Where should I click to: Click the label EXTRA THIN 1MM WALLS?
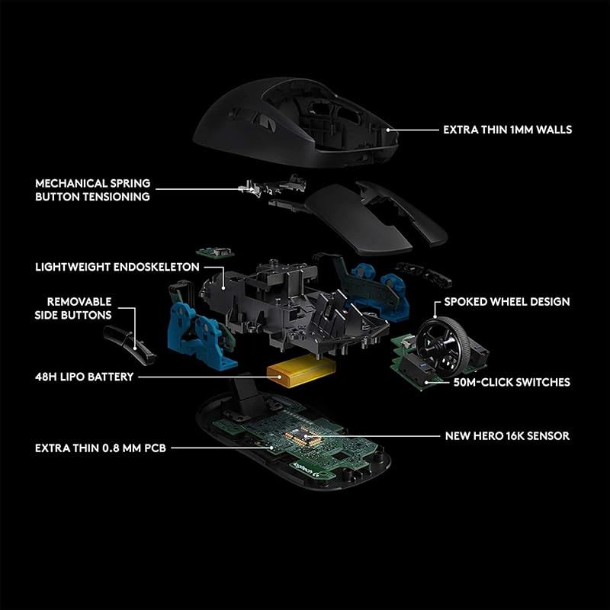(x=507, y=130)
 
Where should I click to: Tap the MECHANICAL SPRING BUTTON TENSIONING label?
(x=92, y=190)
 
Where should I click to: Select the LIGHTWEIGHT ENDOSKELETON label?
(x=117, y=268)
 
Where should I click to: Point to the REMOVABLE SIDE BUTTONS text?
(x=79, y=308)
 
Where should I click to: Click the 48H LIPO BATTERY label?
(x=84, y=377)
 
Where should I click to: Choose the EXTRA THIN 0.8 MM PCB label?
(x=100, y=448)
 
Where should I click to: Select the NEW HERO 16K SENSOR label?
(x=507, y=436)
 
